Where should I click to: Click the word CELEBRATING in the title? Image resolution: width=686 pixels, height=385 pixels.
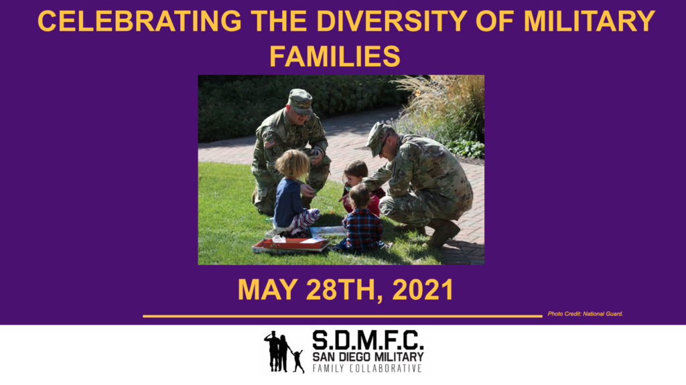tap(139, 21)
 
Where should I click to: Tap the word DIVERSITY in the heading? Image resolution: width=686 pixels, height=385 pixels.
tap(391, 21)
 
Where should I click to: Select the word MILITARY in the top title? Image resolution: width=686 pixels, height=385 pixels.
tap(590, 21)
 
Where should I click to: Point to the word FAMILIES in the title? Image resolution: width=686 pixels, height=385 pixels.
tap(335, 56)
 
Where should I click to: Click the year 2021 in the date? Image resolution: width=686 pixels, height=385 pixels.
tap(423, 290)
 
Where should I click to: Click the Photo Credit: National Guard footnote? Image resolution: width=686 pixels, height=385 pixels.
tap(586, 313)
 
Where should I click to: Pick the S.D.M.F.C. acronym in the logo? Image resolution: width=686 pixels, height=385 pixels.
tap(368, 339)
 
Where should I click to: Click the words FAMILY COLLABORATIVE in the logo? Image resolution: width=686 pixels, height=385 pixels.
tap(367, 368)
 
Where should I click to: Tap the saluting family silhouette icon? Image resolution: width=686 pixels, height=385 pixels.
tap(284, 352)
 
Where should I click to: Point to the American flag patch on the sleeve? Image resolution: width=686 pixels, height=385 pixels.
tap(270, 143)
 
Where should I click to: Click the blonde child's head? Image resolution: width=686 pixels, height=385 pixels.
tap(292, 164)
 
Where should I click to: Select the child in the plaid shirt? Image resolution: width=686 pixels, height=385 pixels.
tap(362, 219)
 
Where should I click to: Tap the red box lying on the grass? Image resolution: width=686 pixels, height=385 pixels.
tap(291, 244)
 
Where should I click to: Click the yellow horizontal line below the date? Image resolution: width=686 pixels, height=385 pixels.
tap(342, 316)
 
